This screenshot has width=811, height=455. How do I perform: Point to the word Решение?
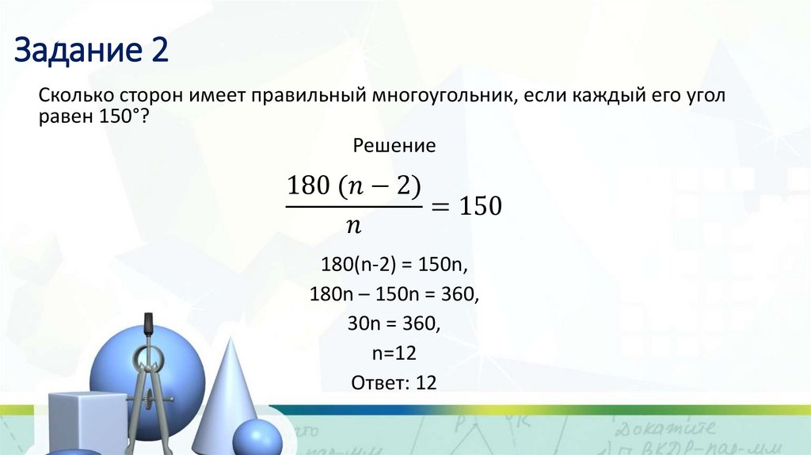394,147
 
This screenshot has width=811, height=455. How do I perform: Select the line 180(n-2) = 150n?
394,264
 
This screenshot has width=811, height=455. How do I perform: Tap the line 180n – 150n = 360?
394,294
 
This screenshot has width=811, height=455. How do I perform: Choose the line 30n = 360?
394,323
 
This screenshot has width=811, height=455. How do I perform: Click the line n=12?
394,353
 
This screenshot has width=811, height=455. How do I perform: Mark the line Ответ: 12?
394,382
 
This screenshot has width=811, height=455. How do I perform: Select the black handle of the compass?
147,324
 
